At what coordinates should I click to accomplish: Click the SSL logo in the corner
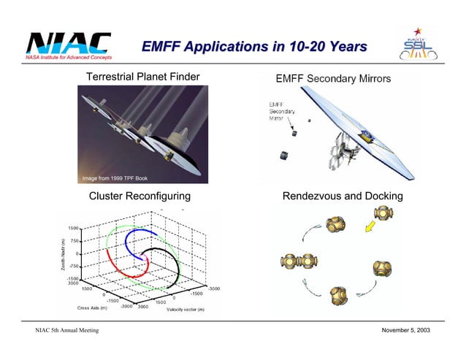click(417, 47)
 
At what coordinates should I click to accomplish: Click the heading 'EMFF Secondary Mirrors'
click(332, 78)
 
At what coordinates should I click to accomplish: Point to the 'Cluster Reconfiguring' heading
click(140, 196)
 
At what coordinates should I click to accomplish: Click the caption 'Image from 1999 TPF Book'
click(115, 178)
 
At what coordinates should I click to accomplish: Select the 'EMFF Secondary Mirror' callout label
click(279, 111)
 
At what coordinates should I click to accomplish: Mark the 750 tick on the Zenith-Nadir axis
click(75, 240)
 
